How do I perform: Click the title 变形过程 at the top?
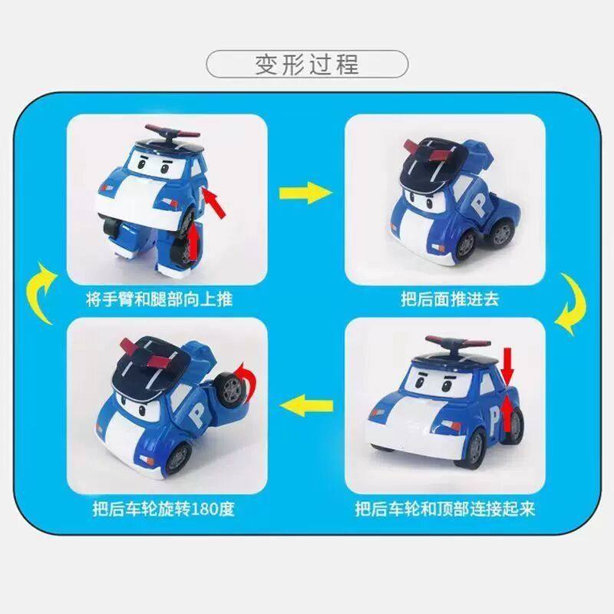pyautogui.click(x=307, y=63)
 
